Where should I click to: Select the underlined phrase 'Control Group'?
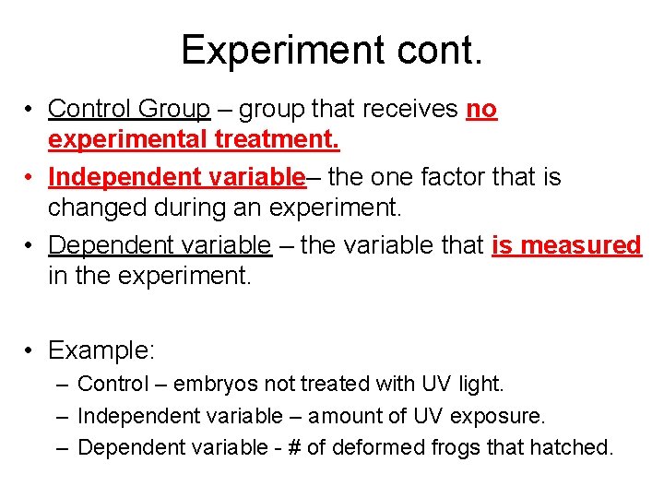click(x=129, y=109)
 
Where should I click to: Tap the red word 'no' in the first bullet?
click(x=481, y=109)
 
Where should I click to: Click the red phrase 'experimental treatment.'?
click(x=194, y=141)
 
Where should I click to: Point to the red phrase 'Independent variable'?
click(x=176, y=175)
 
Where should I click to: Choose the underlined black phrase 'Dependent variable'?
click(x=160, y=244)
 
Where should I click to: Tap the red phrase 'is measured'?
click(x=566, y=244)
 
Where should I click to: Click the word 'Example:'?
click(x=102, y=350)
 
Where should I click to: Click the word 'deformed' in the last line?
click(x=375, y=448)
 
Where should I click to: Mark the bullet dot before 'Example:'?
click(x=30, y=351)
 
